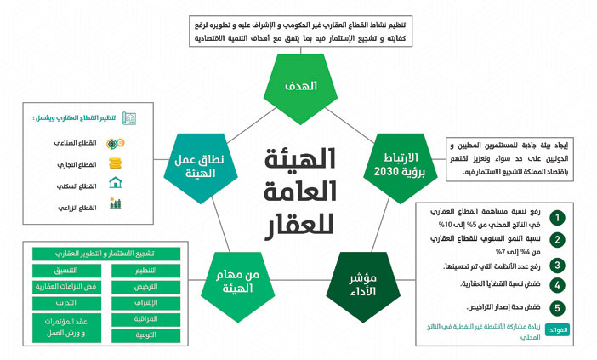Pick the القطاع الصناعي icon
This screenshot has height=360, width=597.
[117, 143]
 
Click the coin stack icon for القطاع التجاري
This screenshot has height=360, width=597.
[117, 163]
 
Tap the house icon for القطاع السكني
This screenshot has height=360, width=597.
[117, 184]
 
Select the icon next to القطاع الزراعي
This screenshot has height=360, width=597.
[117, 205]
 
